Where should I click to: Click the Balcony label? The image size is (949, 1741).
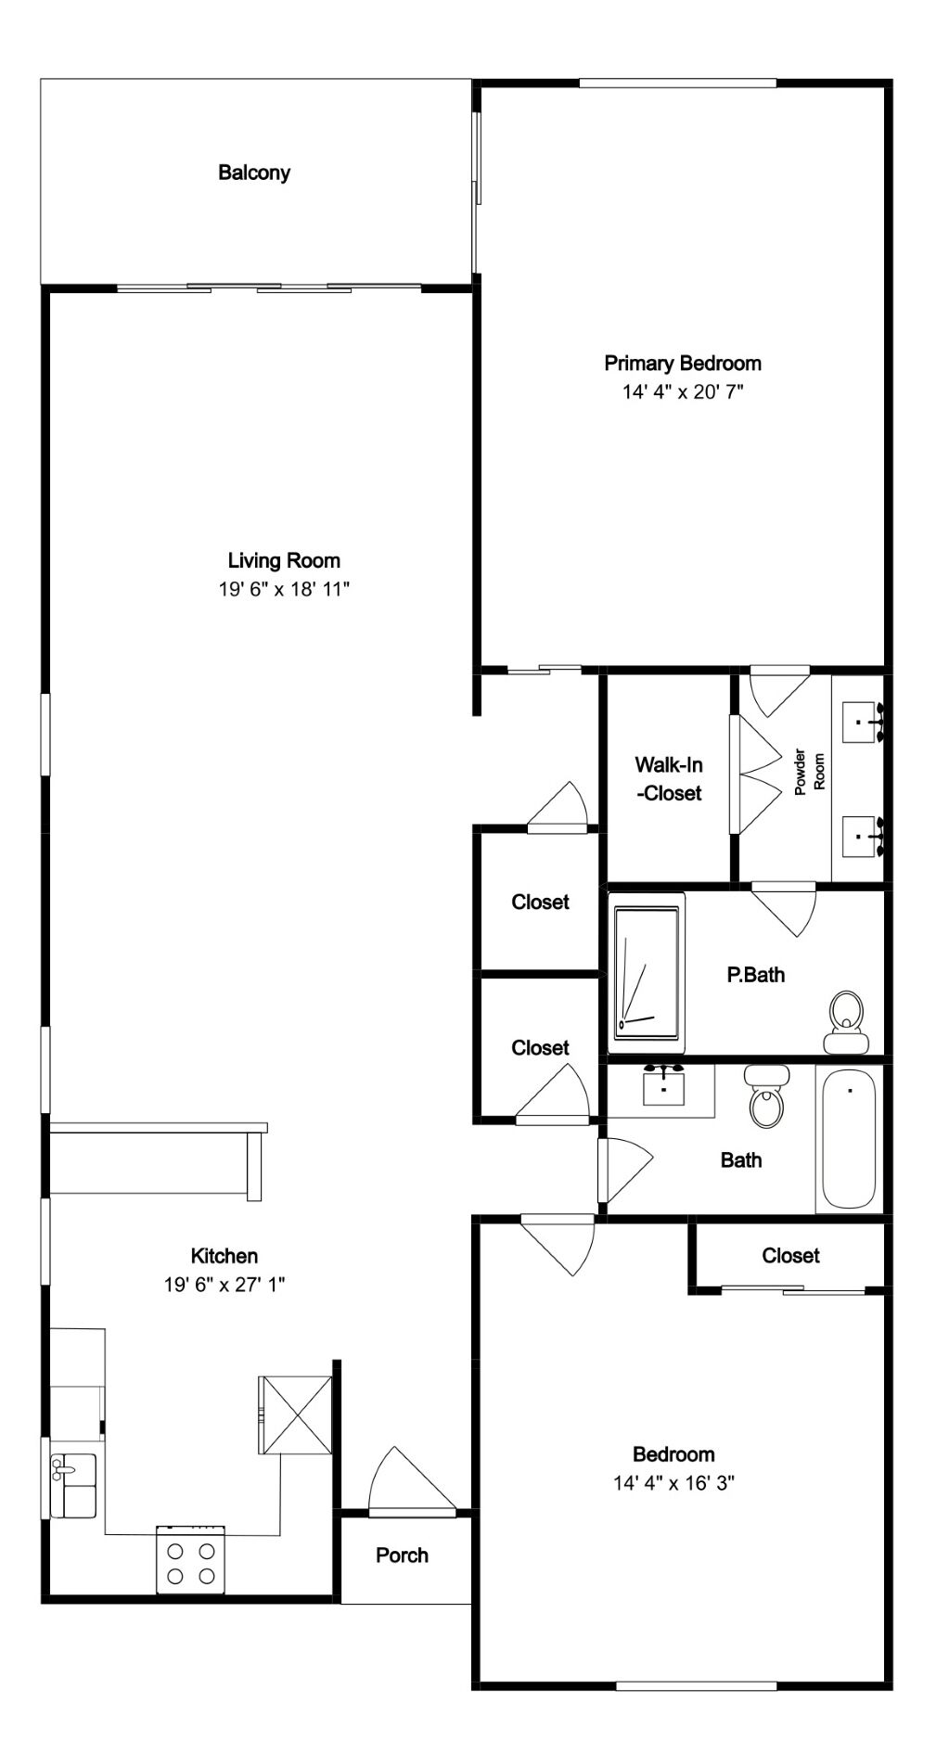tap(254, 173)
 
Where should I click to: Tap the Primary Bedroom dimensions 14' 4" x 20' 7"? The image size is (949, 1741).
tap(683, 391)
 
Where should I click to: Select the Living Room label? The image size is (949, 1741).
tap(284, 560)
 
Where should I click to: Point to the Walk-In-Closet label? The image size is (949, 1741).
tap(668, 779)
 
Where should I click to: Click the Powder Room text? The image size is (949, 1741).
tap(809, 771)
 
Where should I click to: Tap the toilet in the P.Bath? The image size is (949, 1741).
tap(845, 1022)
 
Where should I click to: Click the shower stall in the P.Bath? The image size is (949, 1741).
tap(647, 972)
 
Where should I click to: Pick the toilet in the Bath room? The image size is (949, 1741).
tap(767, 1096)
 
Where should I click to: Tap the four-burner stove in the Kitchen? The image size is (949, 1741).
tap(190, 1559)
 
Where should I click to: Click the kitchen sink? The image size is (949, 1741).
tap(73, 1485)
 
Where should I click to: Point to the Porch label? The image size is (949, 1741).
tap(402, 1555)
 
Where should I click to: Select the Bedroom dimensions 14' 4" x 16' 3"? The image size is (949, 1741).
tap(673, 1482)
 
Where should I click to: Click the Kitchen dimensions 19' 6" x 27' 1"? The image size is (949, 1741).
tap(224, 1285)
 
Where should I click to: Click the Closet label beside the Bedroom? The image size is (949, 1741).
tap(790, 1255)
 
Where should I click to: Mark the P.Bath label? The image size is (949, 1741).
tap(755, 974)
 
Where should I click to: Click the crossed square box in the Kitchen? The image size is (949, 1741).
tap(295, 1415)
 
